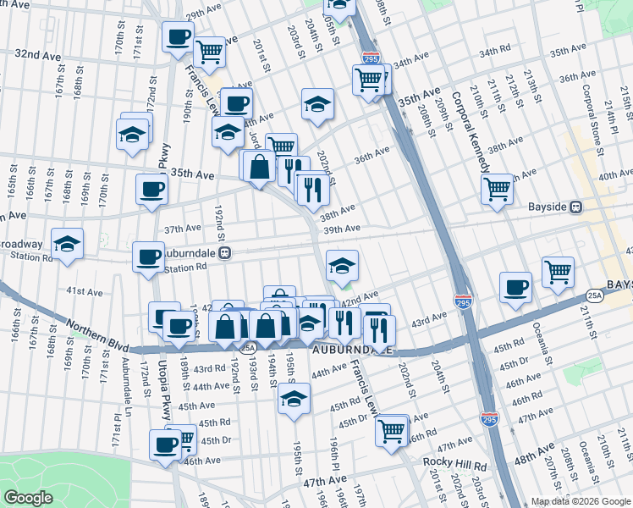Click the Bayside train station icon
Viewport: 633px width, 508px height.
pyautogui.click(x=575, y=207)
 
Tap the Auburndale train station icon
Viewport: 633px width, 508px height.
pyautogui.click(x=225, y=252)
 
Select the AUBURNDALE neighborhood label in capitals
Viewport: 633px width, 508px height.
pyautogui.click(x=351, y=349)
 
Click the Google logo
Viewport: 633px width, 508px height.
pyautogui.click(x=28, y=498)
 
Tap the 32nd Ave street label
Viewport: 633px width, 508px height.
pyautogui.click(x=38, y=53)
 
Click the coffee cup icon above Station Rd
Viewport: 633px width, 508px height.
pyautogui.click(x=148, y=257)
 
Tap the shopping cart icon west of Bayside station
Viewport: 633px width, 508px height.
pyautogui.click(x=497, y=188)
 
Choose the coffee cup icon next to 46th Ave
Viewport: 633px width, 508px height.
pyautogui.click(x=165, y=444)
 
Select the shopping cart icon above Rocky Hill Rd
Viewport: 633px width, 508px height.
pyautogui.click(x=392, y=429)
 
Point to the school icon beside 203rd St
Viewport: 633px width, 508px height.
pyautogui.click(x=317, y=104)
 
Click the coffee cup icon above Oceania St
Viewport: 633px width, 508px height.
pyautogui.click(x=515, y=288)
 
